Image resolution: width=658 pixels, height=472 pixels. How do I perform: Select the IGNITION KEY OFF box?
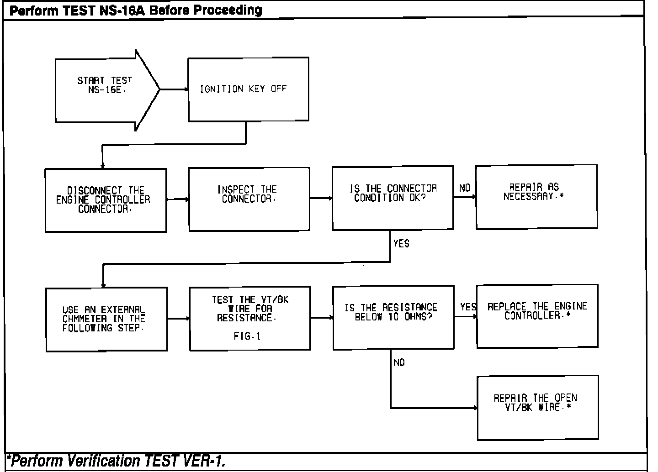click(248, 89)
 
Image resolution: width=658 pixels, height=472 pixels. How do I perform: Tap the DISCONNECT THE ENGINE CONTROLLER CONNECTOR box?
click(106, 200)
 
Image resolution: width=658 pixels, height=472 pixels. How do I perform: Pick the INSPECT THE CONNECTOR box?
click(249, 199)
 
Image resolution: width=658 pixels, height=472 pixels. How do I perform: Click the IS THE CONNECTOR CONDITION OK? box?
click(393, 198)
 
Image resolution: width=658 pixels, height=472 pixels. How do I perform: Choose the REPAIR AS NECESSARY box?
click(536, 197)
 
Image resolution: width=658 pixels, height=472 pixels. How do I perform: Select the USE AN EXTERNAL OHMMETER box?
click(106, 319)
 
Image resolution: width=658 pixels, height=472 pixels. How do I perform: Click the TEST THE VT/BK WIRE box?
click(250, 318)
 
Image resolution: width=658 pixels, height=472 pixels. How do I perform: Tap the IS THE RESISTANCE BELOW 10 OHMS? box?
click(393, 317)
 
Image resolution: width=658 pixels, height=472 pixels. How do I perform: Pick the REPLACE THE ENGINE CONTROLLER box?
click(537, 316)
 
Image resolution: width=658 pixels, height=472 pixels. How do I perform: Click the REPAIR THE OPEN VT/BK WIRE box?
click(538, 408)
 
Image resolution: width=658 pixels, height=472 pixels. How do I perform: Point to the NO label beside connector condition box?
click(465, 188)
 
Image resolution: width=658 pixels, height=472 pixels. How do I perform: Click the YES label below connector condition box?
click(401, 244)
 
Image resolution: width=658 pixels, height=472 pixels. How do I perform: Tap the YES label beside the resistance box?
click(468, 307)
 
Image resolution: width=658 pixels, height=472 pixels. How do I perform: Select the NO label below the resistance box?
click(399, 362)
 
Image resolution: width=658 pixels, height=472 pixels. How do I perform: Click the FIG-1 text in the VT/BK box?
click(247, 336)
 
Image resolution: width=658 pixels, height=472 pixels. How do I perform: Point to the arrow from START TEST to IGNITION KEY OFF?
click(174, 89)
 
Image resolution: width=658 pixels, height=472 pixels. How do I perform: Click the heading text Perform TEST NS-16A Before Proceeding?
click(136, 10)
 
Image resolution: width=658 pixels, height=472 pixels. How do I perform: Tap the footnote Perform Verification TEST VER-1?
click(117, 461)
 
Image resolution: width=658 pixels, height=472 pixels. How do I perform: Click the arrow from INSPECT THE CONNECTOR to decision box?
click(321, 199)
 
